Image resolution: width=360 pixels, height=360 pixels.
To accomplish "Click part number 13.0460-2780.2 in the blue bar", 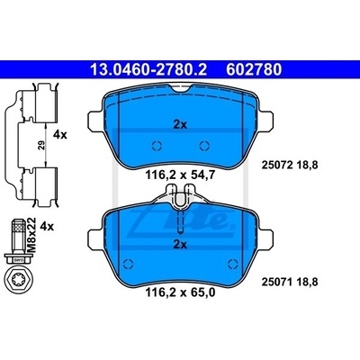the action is point(148,69).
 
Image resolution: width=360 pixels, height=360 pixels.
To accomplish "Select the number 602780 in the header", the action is point(254,69).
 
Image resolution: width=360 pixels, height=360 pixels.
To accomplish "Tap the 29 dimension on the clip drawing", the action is point(42,145).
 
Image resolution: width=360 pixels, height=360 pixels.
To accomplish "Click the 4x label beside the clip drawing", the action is point(60,135).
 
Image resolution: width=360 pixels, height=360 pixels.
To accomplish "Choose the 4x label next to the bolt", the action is point(47,227).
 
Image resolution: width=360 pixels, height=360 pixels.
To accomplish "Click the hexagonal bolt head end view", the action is point(20,281).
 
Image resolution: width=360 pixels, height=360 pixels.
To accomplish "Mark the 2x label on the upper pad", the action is point(180,124).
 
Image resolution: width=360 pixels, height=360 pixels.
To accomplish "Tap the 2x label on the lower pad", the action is point(180,245).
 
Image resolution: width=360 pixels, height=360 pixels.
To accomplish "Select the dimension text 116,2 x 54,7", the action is point(180,175).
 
